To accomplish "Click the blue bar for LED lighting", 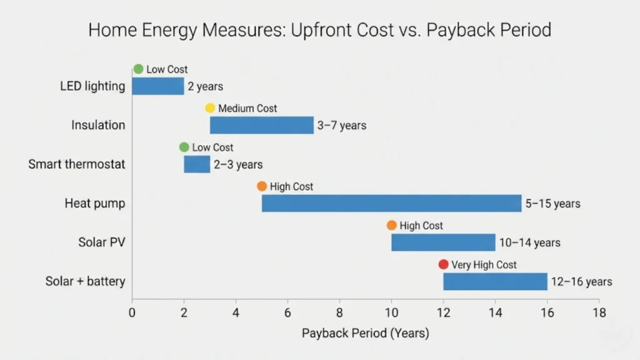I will click(x=157, y=86).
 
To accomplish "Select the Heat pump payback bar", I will click(x=391, y=203).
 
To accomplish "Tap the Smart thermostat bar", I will click(x=197, y=164).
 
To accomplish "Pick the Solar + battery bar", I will click(x=495, y=281).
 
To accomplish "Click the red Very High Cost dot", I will click(x=443, y=264).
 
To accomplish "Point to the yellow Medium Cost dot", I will click(x=210, y=108).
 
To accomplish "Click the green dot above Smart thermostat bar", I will click(x=184, y=147).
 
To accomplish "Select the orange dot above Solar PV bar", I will click(x=391, y=226).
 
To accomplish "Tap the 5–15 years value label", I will click(x=552, y=204).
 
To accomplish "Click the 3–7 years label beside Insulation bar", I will click(x=341, y=126).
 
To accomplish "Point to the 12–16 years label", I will click(x=581, y=282).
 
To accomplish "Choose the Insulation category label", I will click(x=98, y=125).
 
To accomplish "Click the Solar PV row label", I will click(x=102, y=242).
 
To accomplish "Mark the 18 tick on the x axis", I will click(x=599, y=312).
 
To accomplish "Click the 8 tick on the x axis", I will click(x=339, y=312).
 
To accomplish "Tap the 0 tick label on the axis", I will click(x=132, y=312).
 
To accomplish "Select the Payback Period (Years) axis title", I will click(x=365, y=333).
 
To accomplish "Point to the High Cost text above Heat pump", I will click(x=291, y=186).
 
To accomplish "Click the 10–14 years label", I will click(x=529, y=242).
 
